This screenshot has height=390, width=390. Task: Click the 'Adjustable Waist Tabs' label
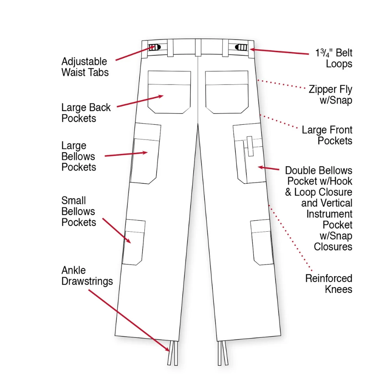pos(85,67)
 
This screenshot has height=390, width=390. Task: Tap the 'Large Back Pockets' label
pos(86,113)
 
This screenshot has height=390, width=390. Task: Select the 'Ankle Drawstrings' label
pos(87,276)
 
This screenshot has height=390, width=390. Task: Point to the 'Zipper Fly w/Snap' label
pos(330,95)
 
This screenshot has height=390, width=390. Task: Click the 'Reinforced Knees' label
pos(328,284)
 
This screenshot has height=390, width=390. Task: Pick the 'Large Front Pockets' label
pos(327,135)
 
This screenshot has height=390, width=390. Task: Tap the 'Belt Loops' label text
pos(334,58)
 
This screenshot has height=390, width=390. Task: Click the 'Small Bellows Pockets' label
pos(79,211)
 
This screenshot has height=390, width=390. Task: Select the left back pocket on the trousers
pos(169,92)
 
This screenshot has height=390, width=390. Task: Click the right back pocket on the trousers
pos(227,92)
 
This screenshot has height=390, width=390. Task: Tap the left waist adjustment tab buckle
pos(154,47)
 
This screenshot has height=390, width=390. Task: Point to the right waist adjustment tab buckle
pos(241,47)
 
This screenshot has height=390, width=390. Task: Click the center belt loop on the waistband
pos(198,48)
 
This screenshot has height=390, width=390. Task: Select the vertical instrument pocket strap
pos(250,146)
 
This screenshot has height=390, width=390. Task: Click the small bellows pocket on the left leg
pos(134,242)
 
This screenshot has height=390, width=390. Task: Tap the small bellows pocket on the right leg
pos(262,242)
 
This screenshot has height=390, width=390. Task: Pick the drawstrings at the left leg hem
pos(173,353)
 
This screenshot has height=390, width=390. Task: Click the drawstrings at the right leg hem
pos(223,353)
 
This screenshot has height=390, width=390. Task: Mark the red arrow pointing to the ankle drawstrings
pos(129,321)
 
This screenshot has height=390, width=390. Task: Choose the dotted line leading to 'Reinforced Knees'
pos(290,238)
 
